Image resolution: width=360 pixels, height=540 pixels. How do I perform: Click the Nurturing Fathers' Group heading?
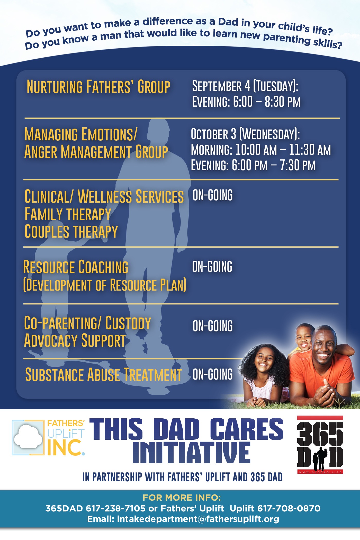98,87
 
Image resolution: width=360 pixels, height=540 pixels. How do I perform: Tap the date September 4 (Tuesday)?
245,86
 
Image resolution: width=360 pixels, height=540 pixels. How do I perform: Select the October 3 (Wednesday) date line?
245,134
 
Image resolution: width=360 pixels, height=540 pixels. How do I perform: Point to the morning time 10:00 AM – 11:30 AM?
283,150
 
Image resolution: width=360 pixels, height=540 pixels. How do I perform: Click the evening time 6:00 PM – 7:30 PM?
273,165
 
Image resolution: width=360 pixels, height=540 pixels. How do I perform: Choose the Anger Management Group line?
96,152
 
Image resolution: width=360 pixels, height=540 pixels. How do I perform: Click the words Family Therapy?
68,214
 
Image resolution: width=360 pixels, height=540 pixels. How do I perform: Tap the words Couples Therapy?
71,231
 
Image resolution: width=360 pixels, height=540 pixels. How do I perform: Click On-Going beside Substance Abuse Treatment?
213,374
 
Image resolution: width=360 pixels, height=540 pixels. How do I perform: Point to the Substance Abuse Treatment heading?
104,375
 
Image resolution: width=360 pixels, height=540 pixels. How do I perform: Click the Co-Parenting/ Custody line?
87,323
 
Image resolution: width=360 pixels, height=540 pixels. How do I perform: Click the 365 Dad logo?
320,445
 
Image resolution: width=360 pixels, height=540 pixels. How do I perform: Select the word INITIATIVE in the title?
191,453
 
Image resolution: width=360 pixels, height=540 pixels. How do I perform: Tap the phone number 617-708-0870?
289,508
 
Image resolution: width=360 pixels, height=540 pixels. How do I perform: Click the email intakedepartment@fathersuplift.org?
198,519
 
